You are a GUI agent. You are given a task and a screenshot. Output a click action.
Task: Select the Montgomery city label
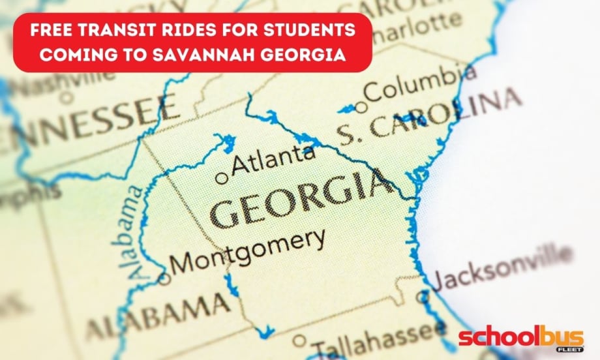247,251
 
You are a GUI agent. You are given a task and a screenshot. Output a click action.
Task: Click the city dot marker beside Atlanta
222,177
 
